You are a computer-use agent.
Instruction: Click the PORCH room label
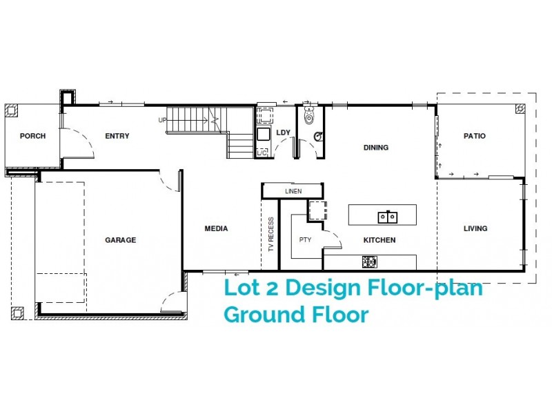[32, 136]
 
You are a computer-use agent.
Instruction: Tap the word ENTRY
[117, 136]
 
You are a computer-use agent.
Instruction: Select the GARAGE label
[120, 240]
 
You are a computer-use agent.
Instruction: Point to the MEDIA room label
[216, 228]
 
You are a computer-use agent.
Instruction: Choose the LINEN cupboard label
[293, 191]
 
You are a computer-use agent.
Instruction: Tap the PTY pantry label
[305, 240]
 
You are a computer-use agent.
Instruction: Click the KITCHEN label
[379, 240]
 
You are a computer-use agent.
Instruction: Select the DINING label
[376, 147]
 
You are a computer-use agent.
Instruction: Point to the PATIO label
[474, 136]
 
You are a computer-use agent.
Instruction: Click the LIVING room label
[475, 228]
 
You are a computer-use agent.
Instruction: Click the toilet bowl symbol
[317, 136]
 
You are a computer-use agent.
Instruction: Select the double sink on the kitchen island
[386, 217]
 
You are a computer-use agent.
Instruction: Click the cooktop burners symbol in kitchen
[369, 261]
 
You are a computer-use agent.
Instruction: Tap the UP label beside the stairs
[162, 120]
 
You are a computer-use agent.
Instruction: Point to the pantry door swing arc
[334, 238]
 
